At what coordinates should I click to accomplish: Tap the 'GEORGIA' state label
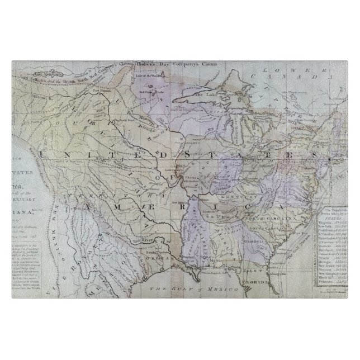[250, 241]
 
